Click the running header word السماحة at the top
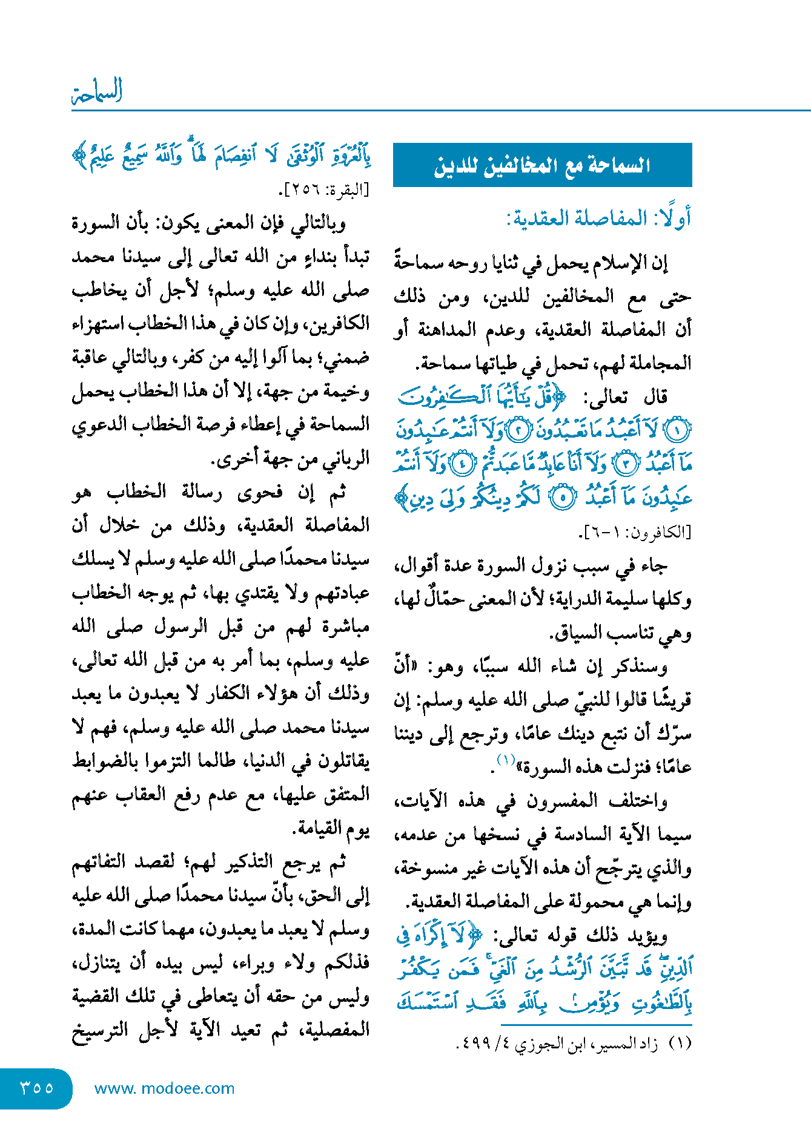98,91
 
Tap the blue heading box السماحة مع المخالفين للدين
542,165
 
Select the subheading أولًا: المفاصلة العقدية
598,219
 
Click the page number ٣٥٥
37,1088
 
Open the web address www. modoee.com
164,1088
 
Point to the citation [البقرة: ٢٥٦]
323,191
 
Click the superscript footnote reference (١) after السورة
506,759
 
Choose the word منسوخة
423,869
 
